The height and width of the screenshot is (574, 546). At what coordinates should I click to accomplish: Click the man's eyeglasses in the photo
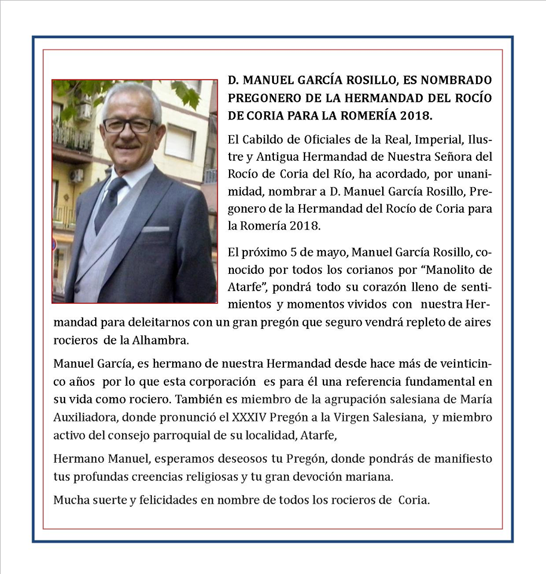click(x=129, y=125)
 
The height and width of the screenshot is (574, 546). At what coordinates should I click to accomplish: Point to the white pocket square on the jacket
click(x=155, y=229)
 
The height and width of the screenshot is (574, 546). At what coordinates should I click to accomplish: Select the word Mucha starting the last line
click(x=70, y=500)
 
